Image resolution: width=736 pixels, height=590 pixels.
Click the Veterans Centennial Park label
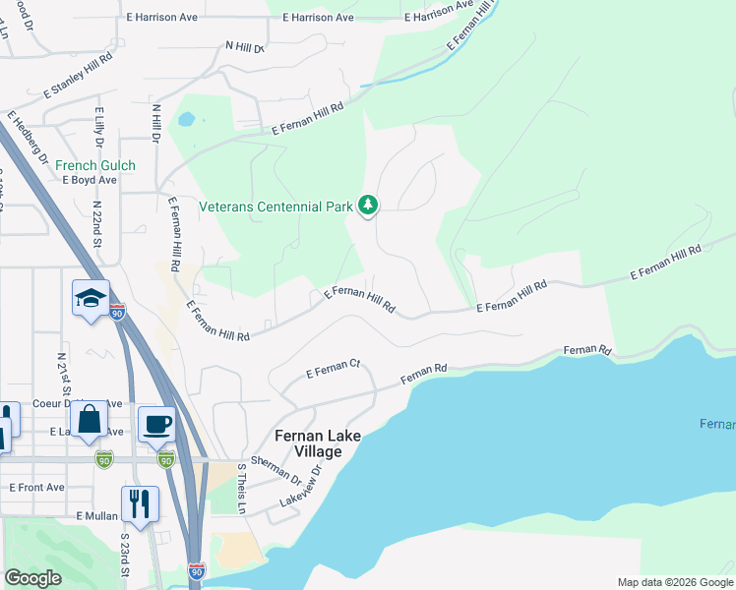tap(275, 206)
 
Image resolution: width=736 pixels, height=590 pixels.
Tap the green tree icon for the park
tap(369, 205)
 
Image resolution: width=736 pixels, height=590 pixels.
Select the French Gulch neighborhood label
tap(95, 165)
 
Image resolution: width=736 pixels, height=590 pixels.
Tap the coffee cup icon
tap(156, 424)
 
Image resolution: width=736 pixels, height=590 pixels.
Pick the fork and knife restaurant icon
tap(140, 503)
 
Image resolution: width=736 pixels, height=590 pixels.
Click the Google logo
tap(33, 577)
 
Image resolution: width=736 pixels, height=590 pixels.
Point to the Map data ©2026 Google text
tap(674, 582)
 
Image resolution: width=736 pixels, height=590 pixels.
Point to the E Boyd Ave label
tap(90, 180)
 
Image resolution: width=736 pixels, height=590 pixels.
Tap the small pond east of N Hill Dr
tap(185, 120)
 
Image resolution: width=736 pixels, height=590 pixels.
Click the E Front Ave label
tap(37, 487)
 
